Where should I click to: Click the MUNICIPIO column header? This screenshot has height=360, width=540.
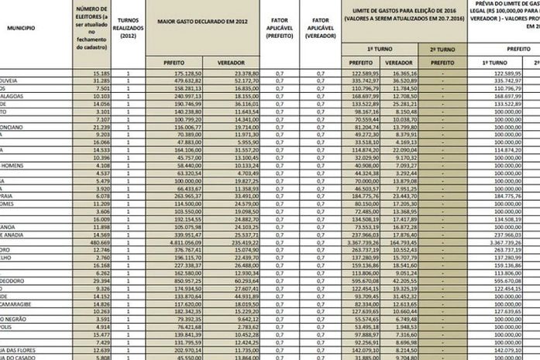21,48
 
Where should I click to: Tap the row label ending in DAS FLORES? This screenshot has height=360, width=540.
19,350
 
